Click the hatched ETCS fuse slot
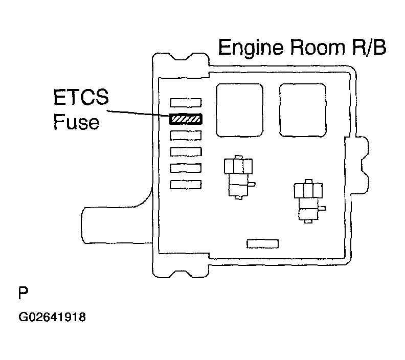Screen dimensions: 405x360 186,119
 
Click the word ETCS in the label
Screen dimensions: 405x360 81,97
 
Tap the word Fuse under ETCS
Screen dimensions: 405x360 77,122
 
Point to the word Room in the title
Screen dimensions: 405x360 318,47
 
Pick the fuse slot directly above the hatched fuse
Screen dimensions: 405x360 186,102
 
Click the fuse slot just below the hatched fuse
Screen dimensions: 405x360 186,136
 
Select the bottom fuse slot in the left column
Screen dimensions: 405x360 186,185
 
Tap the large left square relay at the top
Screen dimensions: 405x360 239,110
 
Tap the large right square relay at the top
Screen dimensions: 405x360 303,110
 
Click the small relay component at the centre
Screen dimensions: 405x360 238,177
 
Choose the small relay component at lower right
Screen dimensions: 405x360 308,201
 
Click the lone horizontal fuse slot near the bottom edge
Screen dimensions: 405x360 262,244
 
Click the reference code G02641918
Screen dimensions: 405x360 52,317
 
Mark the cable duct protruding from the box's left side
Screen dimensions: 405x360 117,225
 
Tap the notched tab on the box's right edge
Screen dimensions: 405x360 361,165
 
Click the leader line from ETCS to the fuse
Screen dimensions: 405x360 139,114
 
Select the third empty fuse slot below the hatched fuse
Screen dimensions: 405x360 186,168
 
